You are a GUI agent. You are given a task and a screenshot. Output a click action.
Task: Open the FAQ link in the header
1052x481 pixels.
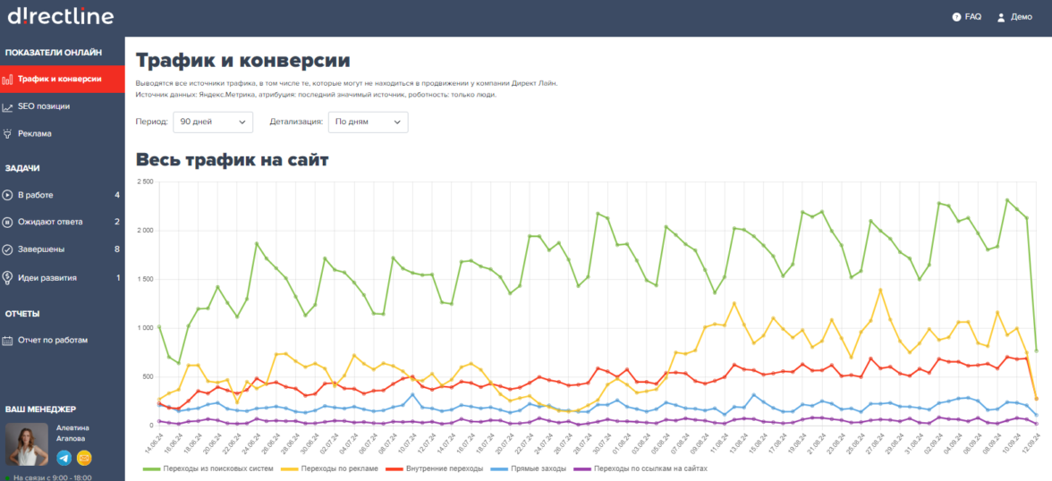[x=967, y=17]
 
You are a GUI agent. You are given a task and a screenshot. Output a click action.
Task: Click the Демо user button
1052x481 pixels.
[x=1014, y=17]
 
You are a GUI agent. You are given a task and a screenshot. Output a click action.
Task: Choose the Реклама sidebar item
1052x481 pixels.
[x=34, y=133]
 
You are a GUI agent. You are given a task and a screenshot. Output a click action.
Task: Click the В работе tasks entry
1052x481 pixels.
[x=35, y=195]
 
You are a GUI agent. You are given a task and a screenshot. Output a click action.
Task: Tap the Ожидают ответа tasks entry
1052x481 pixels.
[x=50, y=222]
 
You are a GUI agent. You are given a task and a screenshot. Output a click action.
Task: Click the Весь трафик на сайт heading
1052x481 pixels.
[x=233, y=161]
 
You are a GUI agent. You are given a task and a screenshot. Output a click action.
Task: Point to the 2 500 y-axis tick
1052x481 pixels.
[x=143, y=181]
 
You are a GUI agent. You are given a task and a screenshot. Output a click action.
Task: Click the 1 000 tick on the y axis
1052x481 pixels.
[x=143, y=328]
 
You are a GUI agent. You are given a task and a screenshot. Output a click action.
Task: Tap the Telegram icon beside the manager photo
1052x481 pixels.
[x=64, y=458]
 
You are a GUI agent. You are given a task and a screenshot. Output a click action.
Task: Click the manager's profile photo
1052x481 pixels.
[x=27, y=444]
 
